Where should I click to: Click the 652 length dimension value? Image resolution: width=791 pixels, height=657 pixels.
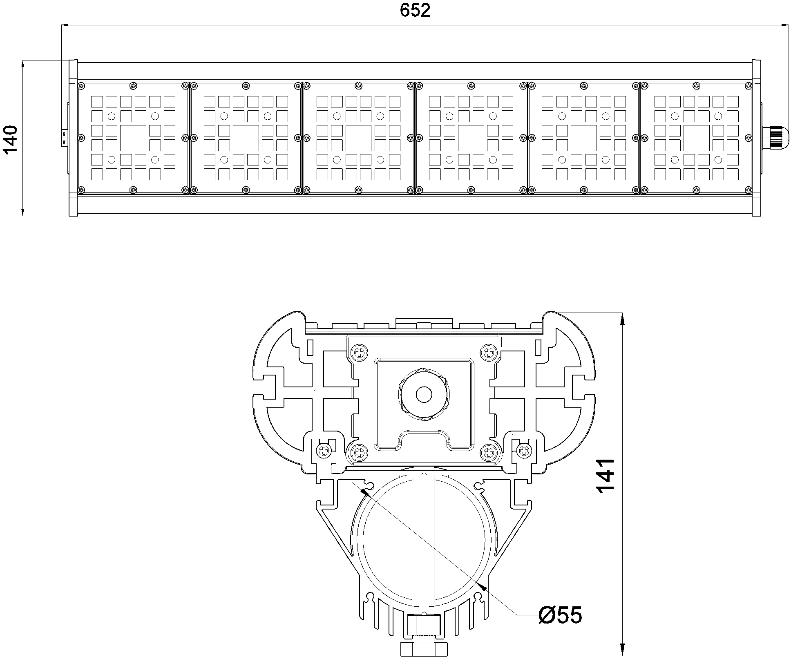click(415, 11)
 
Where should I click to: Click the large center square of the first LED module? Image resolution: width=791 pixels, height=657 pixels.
click(133, 138)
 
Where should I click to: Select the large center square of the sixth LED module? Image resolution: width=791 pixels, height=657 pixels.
click(697, 138)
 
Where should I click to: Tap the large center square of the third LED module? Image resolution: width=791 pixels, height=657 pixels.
click(359, 138)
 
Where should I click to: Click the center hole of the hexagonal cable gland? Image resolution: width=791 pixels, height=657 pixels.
click(424, 394)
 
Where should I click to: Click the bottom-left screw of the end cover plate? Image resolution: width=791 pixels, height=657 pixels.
click(360, 451)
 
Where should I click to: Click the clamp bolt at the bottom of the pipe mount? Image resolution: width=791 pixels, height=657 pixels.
click(424, 646)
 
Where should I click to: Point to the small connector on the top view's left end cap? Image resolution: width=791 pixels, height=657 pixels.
click(64, 137)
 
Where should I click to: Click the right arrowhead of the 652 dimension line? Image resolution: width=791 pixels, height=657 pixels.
click(784, 26)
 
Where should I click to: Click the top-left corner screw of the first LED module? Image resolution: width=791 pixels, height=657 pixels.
click(82, 86)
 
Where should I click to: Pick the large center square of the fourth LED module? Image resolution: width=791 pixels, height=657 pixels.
click(471, 138)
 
